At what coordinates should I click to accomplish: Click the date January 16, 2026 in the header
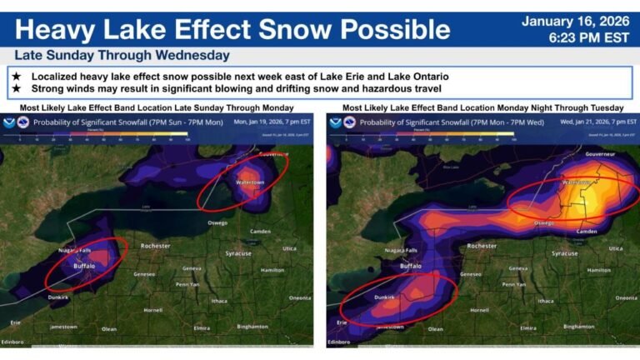(576, 21)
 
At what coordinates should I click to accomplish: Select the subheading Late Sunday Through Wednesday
(122, 56)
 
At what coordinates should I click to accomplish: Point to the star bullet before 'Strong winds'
(16, 87)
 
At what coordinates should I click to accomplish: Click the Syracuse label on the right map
(564, 253)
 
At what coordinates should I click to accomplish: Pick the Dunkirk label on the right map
(384, 296)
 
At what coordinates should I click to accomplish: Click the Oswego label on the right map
(544, 222)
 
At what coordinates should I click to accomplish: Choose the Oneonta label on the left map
(299, 297)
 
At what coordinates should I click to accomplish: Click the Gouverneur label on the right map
(600, 154)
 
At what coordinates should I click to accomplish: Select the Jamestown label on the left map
(62, 327)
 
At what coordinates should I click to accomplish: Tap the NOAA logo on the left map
(9, 122)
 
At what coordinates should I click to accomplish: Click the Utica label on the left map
(289, 247)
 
